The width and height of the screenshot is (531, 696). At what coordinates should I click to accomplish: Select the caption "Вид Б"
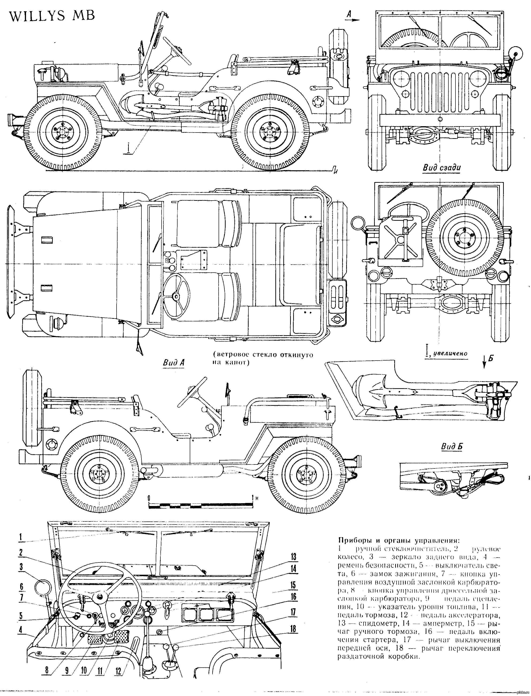pyautogui.click(x=451, y=447)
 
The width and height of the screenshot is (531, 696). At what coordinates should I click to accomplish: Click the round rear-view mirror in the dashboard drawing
pyautogui.click(x=43, y=588)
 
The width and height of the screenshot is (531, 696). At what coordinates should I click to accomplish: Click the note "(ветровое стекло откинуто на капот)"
pyautogui.click(x=263, y=358)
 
